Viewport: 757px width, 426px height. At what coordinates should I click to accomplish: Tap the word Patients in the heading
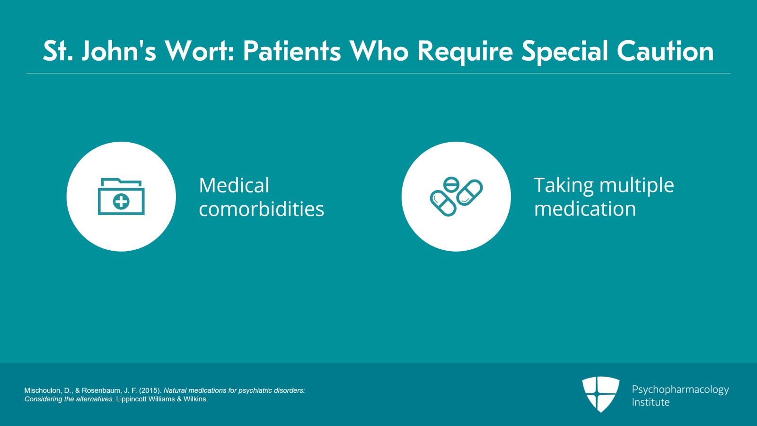[292, 51]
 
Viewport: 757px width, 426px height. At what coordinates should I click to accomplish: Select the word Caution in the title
[665, 51]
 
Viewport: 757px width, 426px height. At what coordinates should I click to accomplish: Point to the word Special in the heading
[565, 53]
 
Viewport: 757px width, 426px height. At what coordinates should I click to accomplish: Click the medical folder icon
[121, 197]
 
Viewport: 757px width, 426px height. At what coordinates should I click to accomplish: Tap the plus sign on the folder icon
[121, 202]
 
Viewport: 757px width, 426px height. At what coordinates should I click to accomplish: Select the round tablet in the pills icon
[451, 185]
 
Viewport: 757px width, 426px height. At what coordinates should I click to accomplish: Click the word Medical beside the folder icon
[234, 185]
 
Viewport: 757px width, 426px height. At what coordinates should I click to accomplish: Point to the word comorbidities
[262, 209]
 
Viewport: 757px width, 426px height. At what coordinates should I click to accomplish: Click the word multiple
[637, 186]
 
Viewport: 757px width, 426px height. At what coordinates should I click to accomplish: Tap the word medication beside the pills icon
[585, 209]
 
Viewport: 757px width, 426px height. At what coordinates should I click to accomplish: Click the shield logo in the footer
[601, 394]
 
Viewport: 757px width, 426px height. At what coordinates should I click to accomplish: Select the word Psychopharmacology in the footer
[680, 390]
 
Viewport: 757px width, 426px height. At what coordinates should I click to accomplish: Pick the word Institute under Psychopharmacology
[651, 402]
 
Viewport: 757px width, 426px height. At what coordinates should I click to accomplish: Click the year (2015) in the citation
[149, 390]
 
